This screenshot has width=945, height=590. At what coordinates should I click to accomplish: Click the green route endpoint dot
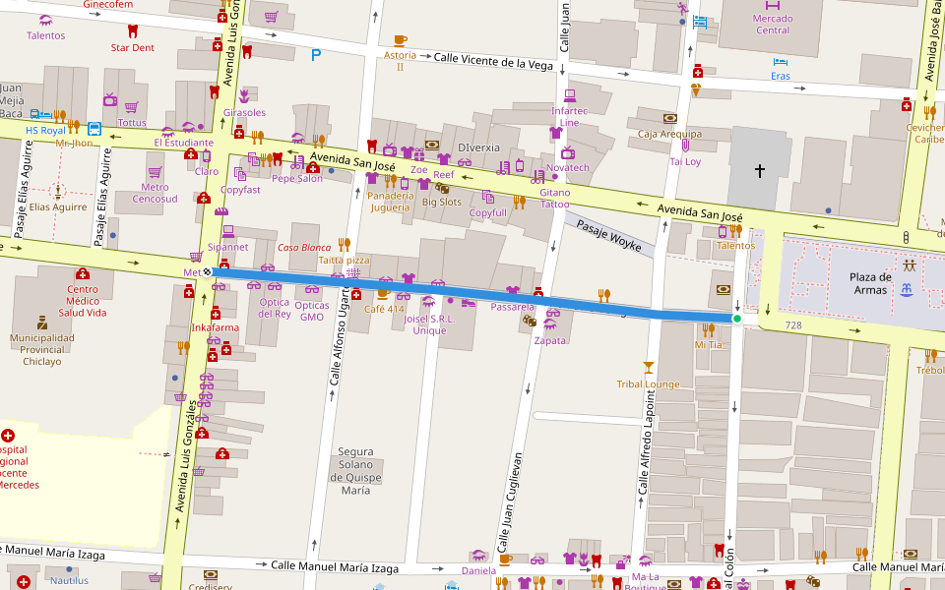click(x=736, y=319)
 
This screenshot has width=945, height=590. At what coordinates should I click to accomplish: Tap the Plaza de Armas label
click(x=870, y=283)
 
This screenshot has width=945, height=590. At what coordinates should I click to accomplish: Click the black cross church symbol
click(x=759, y=171)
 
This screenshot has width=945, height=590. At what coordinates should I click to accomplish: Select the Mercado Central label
click(x=772, y=24)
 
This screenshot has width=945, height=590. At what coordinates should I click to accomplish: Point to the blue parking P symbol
click(x=316, y=55)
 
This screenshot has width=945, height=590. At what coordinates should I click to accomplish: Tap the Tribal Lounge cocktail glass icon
click(x=648, y=367)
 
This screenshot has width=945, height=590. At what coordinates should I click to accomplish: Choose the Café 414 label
click(x=384, y=309)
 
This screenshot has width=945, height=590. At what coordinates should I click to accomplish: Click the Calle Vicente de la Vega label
click(x=493, y=63)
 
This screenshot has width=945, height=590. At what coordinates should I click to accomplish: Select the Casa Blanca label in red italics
click(x=304, y=248)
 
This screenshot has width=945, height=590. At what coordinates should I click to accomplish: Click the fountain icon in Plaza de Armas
click(x=905, y=288)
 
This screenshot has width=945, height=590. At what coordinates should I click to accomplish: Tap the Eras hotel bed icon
click(x=780, y=61)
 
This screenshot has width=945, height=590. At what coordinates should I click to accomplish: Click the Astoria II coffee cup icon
click(x=400, y=40)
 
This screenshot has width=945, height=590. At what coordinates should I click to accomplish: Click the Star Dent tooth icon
click(x=133, y=31)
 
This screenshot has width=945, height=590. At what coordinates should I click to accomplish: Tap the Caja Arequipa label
click(x=669, y=134)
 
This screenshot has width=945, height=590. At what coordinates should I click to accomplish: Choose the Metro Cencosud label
click(x=155, y=193)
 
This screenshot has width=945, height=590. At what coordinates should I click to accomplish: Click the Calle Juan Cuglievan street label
click(x=508, y=501)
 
